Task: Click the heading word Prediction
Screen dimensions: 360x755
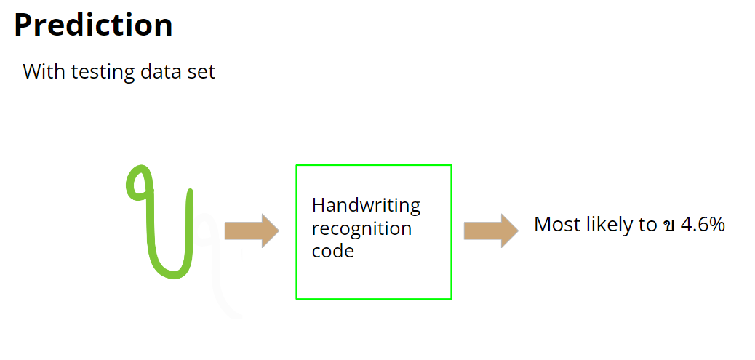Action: click(93, 25)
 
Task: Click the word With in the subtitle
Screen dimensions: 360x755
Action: click(41, 72)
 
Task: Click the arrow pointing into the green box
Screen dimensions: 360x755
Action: click(252, 231)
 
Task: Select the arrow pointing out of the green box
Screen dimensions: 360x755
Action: click(491, 231)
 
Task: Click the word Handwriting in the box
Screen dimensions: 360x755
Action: click(366, 206)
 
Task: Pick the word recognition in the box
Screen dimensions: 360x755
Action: click(361, 228)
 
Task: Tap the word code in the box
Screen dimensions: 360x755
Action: click(332, 251)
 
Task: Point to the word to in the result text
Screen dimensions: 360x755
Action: click(648, 225)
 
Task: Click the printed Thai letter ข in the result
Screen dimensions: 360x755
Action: click(668, 225)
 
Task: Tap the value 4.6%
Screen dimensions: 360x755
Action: click(702, 225)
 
